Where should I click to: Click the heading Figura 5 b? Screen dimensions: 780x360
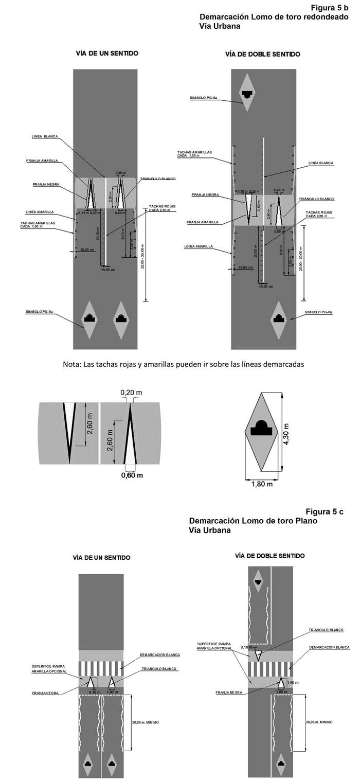[x=330, y=8]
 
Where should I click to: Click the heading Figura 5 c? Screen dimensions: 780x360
[x=324, y=511]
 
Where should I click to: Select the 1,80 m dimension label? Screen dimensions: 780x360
[x=262, y=484]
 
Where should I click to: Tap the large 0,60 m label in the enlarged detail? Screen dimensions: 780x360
[x=132, y=475]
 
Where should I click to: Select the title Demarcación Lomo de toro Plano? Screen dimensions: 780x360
[x=253, y=521]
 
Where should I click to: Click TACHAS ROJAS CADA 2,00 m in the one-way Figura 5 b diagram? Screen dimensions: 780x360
[x=163, y=208]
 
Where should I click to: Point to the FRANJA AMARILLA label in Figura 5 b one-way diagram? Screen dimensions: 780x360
[x=43, y=161]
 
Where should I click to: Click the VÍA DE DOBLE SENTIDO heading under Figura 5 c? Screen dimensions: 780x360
[x=269, y=556]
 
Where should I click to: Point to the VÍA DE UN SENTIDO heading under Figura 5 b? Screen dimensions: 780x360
[x=107, y=53]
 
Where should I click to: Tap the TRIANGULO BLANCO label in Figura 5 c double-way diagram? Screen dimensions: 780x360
[x=326, y=630]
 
